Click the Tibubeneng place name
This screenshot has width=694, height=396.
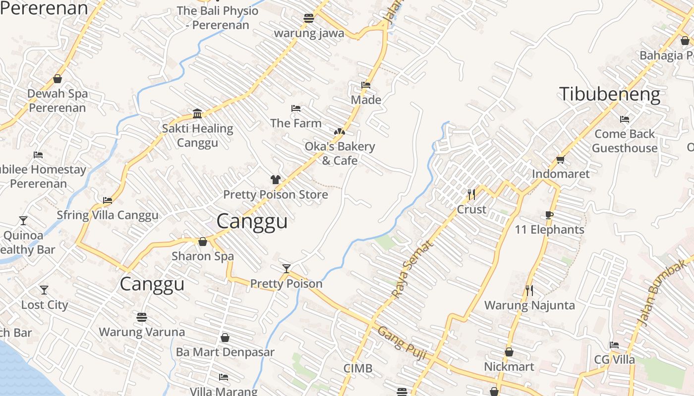[x=610, y=94]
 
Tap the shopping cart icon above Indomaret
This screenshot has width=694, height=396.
[x=560, y=159]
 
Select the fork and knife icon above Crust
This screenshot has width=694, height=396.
[x=471, y=194]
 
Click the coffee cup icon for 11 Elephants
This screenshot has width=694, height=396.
[x=549, y=215]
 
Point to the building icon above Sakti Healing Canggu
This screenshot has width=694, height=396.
[x=197, y=114]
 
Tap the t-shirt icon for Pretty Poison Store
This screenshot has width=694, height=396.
[x=276, y=180]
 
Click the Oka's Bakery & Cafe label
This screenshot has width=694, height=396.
[x=340, y=153]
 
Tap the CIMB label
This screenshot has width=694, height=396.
[x=358, y=369]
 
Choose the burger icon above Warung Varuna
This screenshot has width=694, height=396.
[x=142, y=317]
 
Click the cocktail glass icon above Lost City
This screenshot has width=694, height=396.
[x=44, y=290]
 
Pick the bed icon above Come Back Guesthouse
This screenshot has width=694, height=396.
[x=625, y=119]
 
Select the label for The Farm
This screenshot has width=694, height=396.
[x=296, y=123]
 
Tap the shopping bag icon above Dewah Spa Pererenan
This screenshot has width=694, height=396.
[x=58, y=79]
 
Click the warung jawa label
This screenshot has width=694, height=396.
[x=309, y=33]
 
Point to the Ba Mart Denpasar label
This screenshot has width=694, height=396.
[x=225, y=352]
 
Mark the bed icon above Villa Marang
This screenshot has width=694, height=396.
[x=224, y=377]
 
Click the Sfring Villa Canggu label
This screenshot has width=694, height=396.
[x=108, y=215]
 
